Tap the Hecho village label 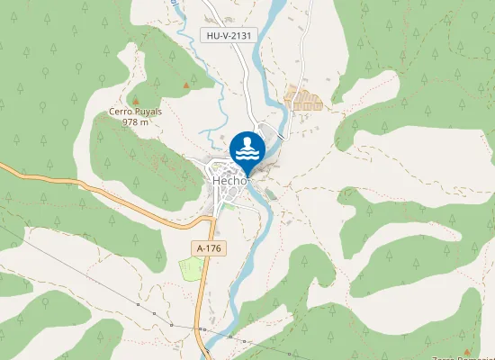[230, 180]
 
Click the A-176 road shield [209, 247]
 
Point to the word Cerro [120, 112]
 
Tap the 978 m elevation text [135, 121]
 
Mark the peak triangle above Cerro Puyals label [135, 101]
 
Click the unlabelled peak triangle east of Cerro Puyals [186, 85]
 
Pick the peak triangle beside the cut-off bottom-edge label [466, 351]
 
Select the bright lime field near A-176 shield [191, 268]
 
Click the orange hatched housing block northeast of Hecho [303, 98]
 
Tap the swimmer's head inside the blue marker [247, 141]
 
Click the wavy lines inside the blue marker [247, 155]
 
